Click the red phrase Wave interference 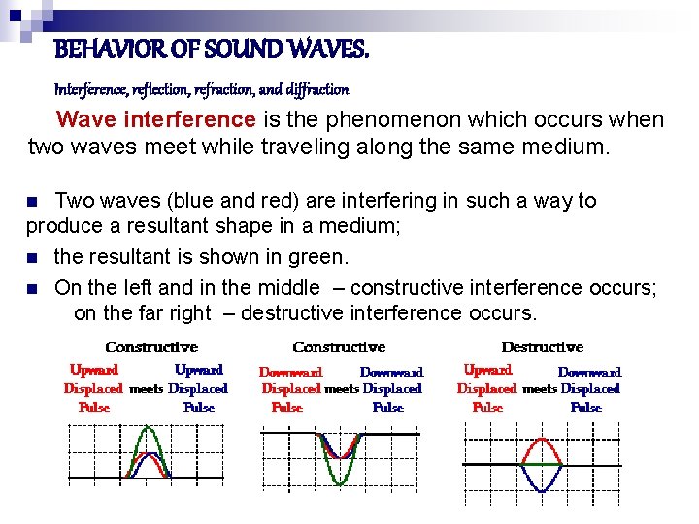pyautogui.click(x=155, y=120)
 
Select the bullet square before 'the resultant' pyautogui.click(x=33, y=258)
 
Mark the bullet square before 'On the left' pyautogui.click(x=33, y=288)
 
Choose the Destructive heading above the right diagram pyautogui.click(x=542, y=346)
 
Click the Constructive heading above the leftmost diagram pyautogui.click(x=151, y=346)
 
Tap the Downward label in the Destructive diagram pyautogui.click(x=589, y=372)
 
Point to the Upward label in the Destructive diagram pyautogui.click(x=487, y=370)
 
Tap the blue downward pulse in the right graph pyautogui.click(x=541, y=485)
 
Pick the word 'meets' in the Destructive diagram pyautogui.click(x=540, y=389)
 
